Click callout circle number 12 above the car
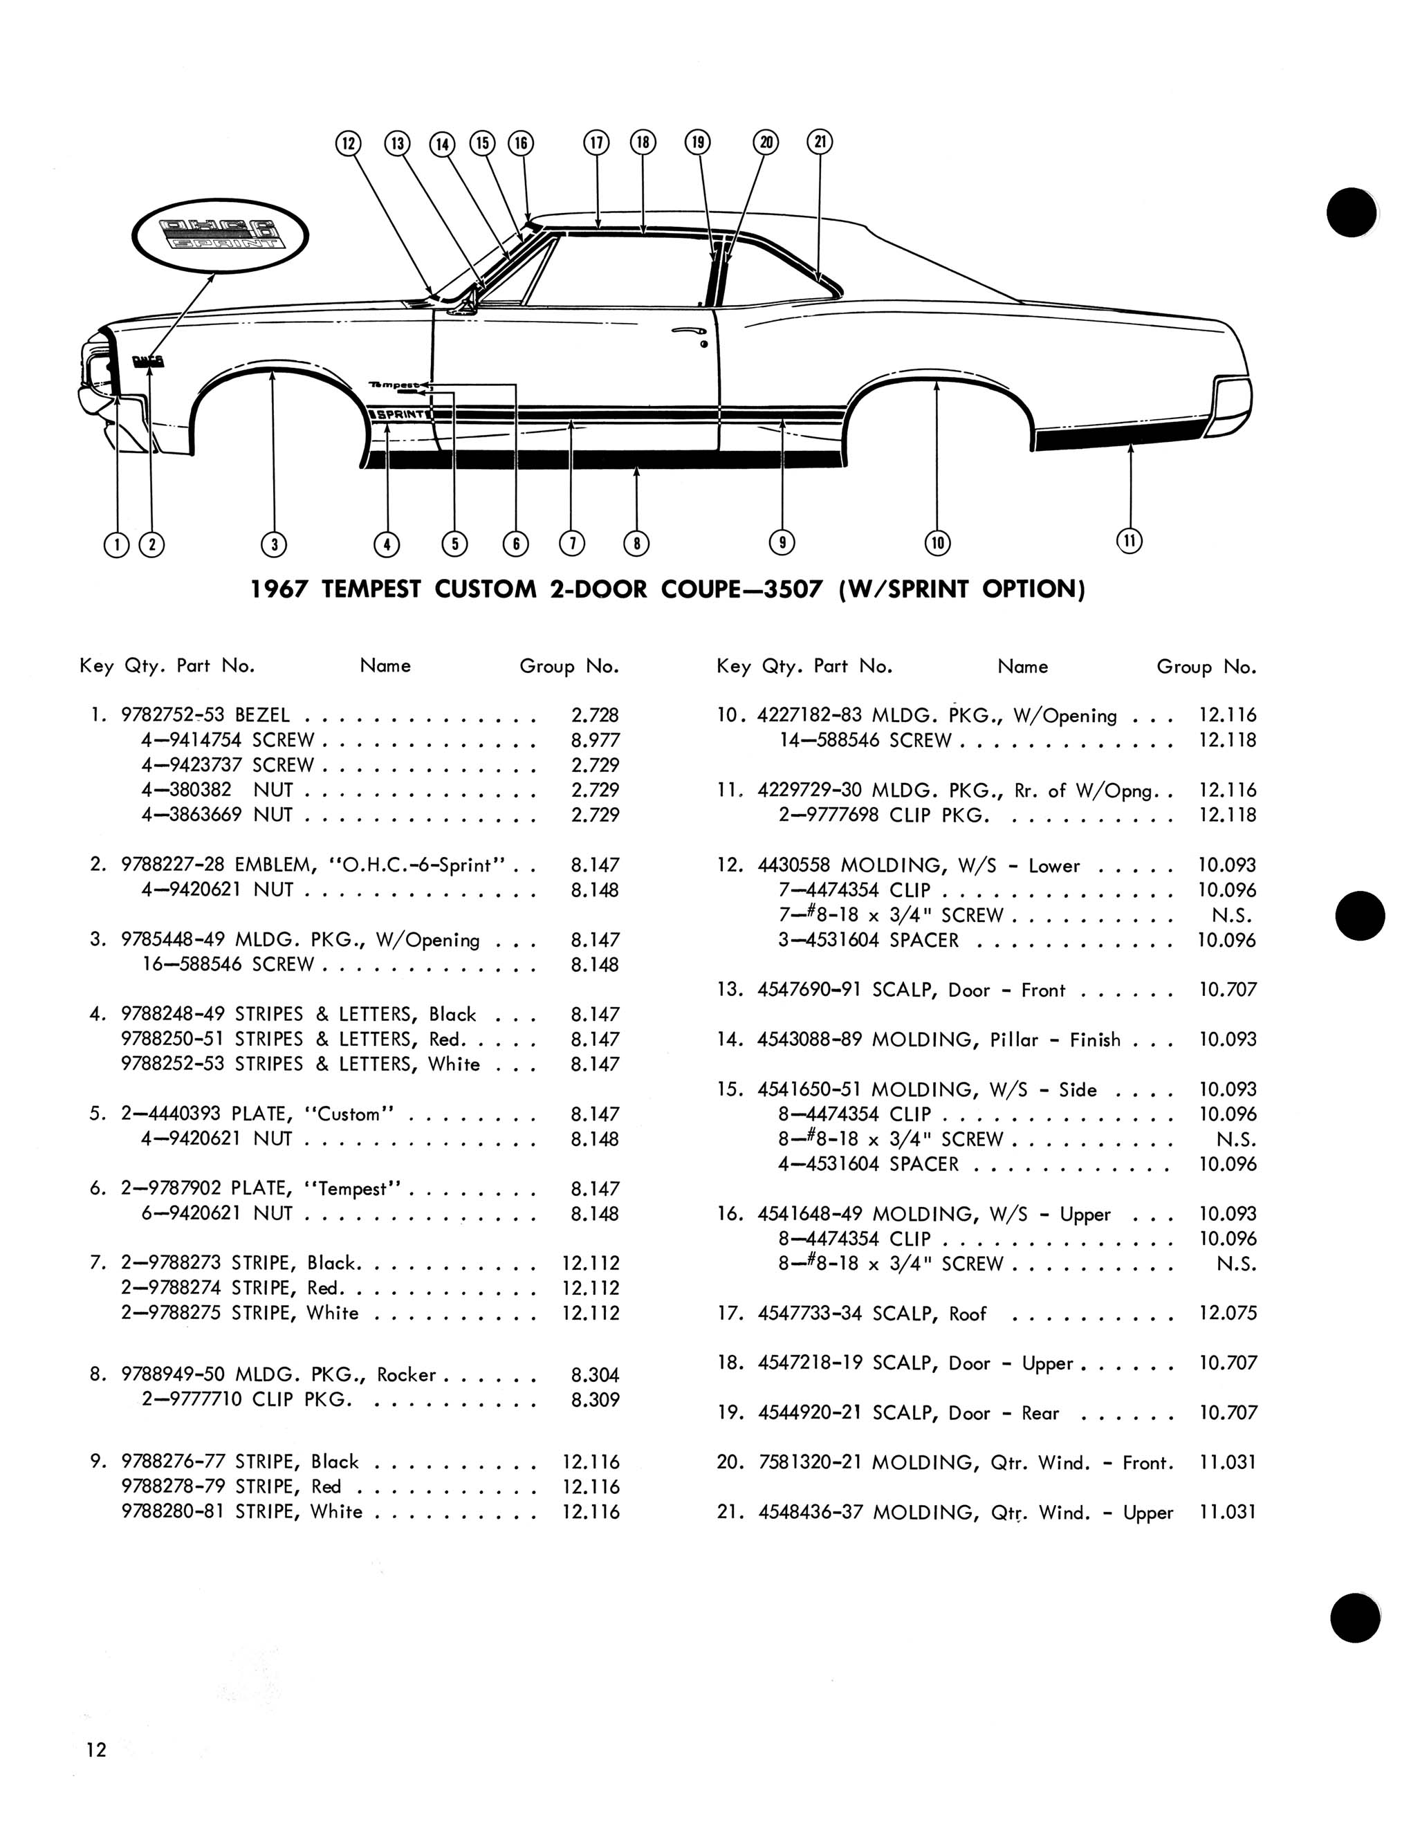click(348, 143)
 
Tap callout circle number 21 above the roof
click(820, 141)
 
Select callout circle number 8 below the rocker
click(636, 544)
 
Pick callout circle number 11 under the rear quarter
click(1129, 541)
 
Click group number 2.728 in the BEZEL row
click(594, 716)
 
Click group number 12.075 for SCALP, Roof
click(1227, 1313)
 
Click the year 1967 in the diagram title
click(280, 589)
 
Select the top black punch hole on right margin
click(1352, 212)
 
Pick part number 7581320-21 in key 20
click(809, 1463)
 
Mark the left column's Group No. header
click(569, 666)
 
